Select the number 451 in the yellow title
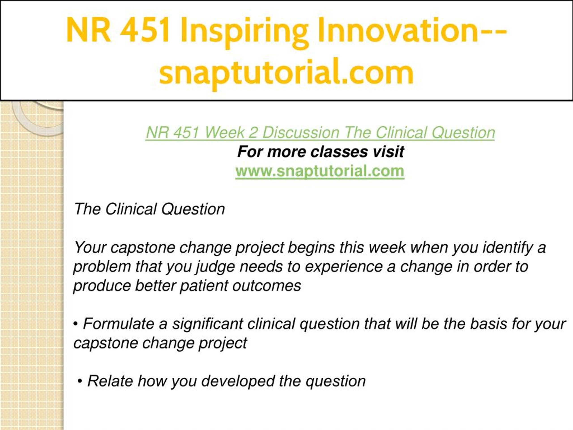145,30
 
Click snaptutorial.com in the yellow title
286,73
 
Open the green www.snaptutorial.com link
320,171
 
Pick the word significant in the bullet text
207,324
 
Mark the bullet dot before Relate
80,382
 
